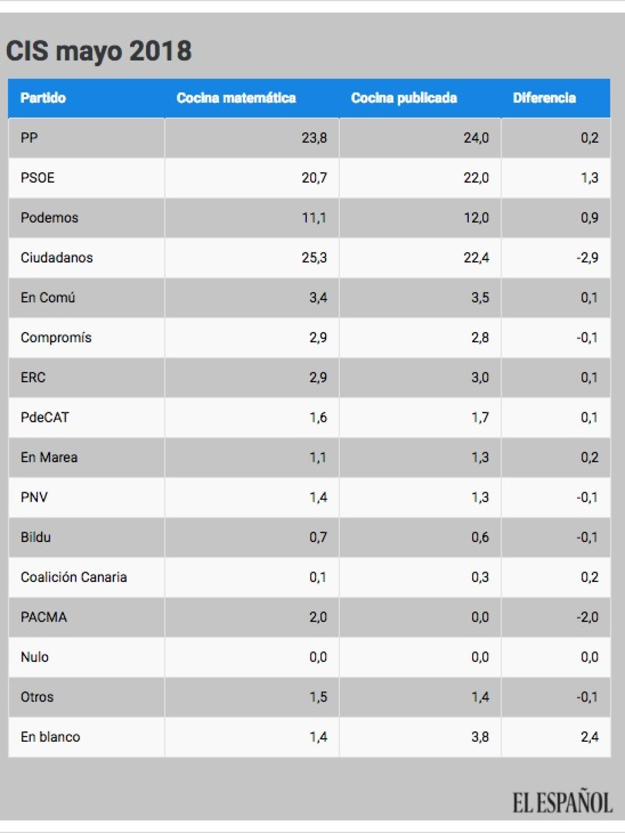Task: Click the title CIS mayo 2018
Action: (99, 51)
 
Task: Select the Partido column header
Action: (43, 98)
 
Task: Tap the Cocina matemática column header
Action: (236, 98)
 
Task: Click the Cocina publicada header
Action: (404, 98)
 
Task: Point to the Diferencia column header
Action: (544, 98)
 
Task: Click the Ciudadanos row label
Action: (57, 258)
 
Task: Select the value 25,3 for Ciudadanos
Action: (314, 258)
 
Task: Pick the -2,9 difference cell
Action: (587, 258)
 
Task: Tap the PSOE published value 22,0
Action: (476, 178)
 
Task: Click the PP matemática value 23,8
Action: (314, 138)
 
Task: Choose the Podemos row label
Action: (49, 218)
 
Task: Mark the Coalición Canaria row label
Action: (74, 577)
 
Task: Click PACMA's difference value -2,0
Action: (587, 617)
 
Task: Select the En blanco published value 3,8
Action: (480, 737)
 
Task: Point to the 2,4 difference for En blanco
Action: (589, 737)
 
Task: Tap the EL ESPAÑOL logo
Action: (562, 803)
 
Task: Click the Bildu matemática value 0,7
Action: (318, 537)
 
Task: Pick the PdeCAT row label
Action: (45, 417)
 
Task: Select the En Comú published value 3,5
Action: (480, 297)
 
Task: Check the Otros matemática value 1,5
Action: (318, 697)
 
